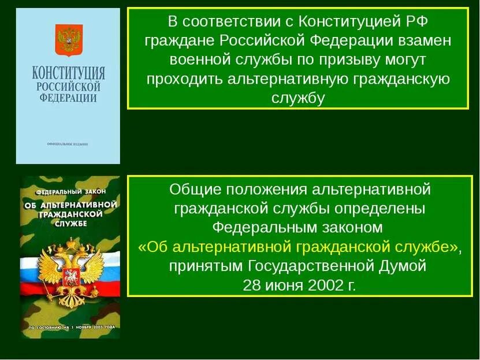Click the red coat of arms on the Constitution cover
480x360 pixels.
(x=68, y=39)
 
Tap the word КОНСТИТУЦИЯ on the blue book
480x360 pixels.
(x=68, y=73)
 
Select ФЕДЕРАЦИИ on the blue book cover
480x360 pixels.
(x=68, y=97)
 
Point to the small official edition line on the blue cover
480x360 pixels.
(x=68, y=143)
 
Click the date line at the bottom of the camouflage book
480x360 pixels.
(x=69, y=328)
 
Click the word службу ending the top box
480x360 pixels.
(x=297, y=98)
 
